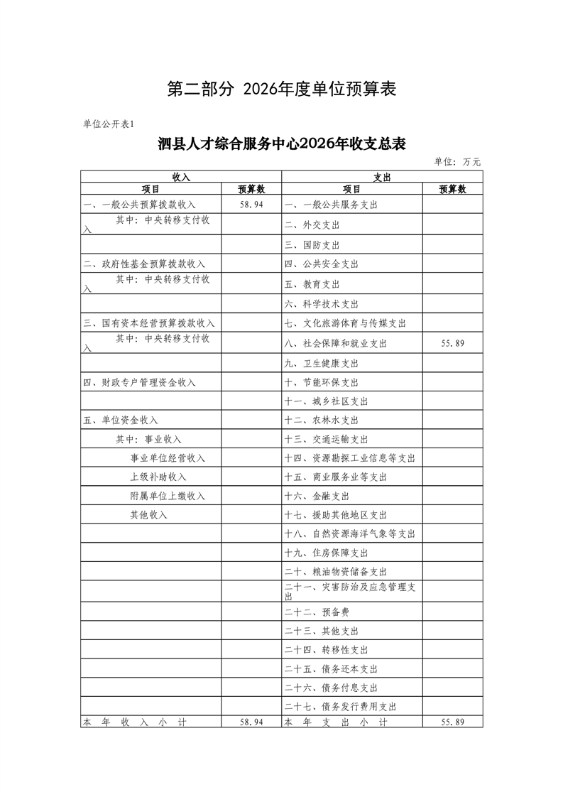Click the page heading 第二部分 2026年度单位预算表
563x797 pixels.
point(281,89)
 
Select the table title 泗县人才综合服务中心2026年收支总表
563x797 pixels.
point(281,143)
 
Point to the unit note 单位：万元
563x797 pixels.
point(457,162)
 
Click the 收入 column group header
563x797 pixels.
point(181,176)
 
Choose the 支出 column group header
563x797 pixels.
point(382,176)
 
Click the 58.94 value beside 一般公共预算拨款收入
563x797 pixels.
point(251,205)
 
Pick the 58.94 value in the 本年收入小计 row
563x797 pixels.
point(251,722)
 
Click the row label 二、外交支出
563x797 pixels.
point(312,225)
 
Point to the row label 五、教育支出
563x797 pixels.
point(312,284)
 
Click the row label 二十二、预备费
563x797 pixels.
point(317,612)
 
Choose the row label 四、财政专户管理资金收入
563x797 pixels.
point(139,382)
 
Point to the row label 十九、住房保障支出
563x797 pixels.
point(326,553)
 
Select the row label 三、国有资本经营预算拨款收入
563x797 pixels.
point(148,322)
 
